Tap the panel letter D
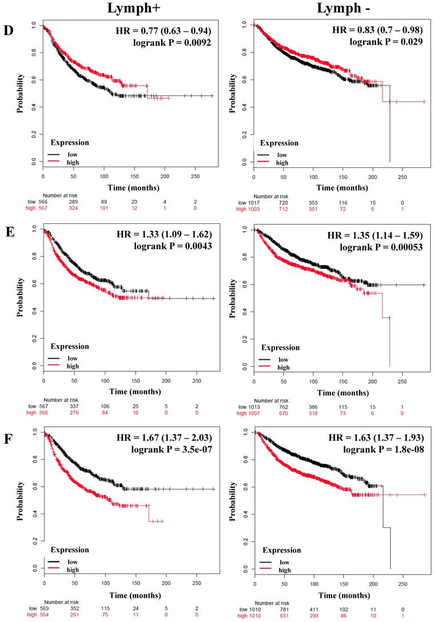(9, 30)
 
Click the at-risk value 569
(48, 609)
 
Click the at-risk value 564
(48, 616)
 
